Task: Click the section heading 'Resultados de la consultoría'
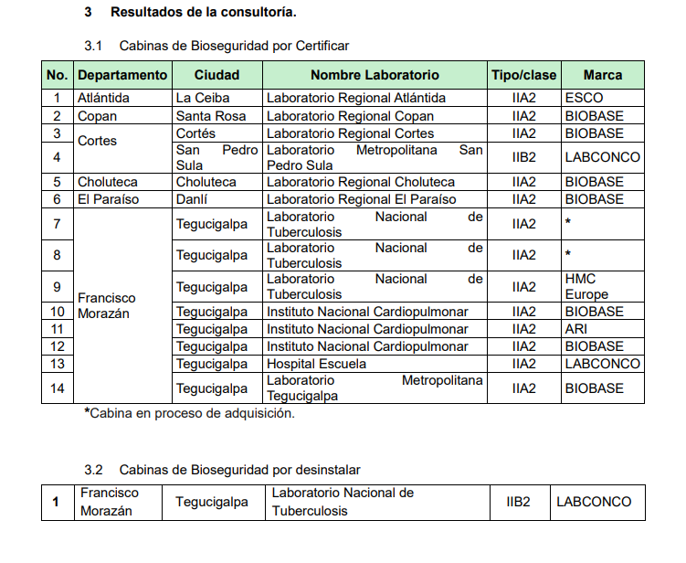(203, 13)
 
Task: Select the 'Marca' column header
(602, 75)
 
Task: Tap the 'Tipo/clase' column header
(523, 75)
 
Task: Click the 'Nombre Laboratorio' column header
(375, 75)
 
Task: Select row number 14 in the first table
(57, 388)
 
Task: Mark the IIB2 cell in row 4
(523, 157)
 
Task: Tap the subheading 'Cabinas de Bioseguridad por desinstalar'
(239, 470)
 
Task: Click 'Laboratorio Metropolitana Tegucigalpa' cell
(375, 388)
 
